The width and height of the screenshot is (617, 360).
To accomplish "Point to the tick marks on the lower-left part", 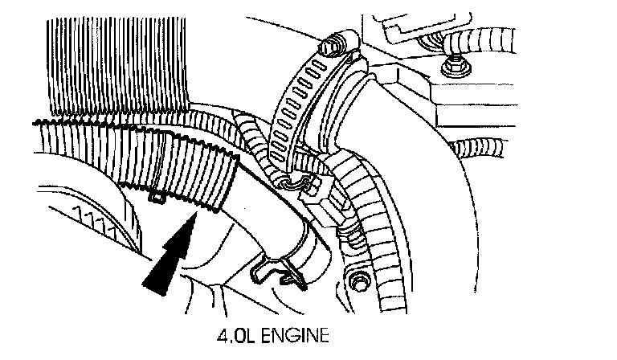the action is point(96,217).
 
